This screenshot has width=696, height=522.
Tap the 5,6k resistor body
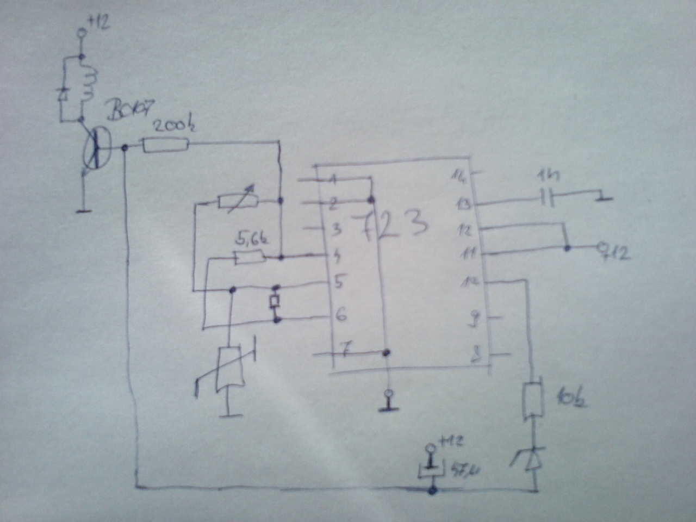coord(249,257)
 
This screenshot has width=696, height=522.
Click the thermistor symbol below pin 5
coord(226,369)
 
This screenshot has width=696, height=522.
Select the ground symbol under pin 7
coord(387,402)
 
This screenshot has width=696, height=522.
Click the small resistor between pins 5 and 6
coord(276,302)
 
